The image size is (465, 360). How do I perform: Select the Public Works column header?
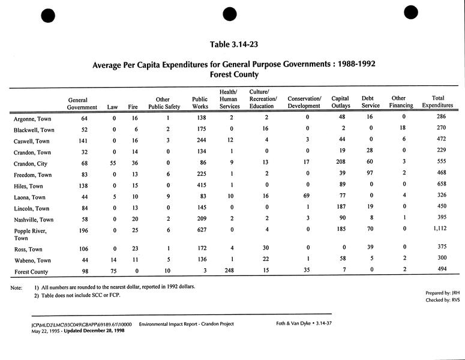pyautogui.click(x=200, y=103)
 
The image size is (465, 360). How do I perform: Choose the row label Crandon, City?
pyautogui.click(x=31, y=163)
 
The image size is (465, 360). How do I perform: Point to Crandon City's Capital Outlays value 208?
pyautogui.click(x=341, y=163)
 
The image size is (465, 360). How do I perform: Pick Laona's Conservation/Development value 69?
pyautogui.click(x=306, y=196)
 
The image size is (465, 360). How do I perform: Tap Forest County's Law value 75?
pyautogui.click(x=113, y=271)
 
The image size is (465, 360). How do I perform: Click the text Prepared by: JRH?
pyautogui.click(x=437, y=292)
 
